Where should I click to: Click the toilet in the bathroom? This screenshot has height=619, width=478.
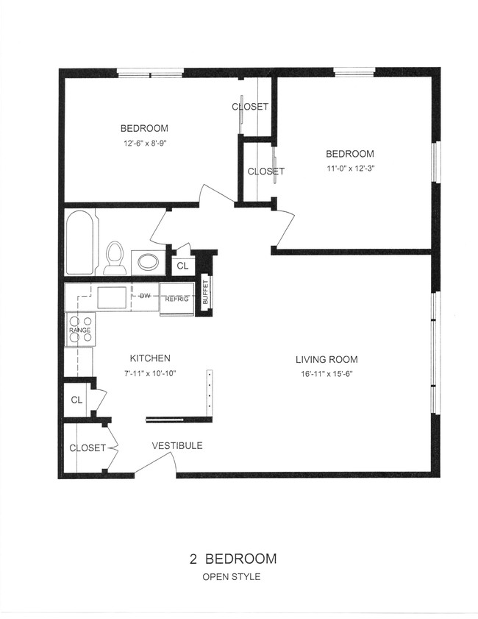coord(115,258)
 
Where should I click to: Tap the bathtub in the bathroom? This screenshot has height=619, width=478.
coord(80,242)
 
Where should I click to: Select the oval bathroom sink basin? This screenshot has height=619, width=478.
coord(148,262)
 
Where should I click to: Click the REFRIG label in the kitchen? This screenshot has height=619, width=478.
coord(176,299)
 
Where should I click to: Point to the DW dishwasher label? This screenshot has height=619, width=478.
coord(145,296)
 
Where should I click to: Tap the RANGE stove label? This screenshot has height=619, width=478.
coord(79,330)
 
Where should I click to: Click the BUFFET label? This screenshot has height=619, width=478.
coord(205,291)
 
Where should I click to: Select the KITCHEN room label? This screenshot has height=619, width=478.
coord(150,358)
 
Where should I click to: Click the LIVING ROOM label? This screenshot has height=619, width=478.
coord(327,359)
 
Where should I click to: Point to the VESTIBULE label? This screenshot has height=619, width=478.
coord(177,445)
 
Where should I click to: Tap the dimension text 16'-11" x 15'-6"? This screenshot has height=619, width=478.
coord(327,373)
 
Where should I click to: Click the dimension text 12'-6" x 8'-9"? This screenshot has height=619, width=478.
coord(144,143)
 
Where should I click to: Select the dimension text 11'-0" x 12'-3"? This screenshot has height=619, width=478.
coord(350,168)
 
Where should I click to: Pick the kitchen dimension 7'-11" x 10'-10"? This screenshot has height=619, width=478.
coord(150,373)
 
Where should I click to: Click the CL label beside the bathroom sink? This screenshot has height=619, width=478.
coord(182,266)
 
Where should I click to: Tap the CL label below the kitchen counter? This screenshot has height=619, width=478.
coord(76,400)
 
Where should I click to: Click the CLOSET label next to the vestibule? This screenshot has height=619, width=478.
coord(88,448)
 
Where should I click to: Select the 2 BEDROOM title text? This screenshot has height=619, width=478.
coord(233,559)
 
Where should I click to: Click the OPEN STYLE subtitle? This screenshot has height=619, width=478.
coord(232,577)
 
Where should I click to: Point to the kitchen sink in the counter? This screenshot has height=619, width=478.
coord(112,297)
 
